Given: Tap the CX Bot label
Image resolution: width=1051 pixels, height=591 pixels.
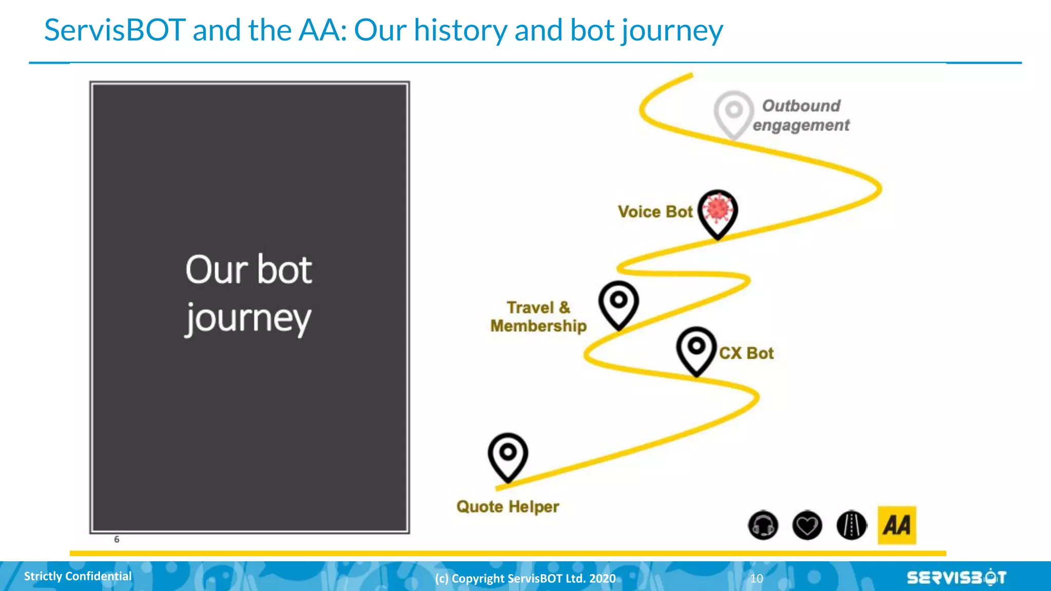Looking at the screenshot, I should coord(746,353).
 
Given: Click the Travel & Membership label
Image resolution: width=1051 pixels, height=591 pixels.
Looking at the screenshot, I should coord(538,317).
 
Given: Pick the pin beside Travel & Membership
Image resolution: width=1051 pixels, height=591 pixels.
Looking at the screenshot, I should coord(618,304).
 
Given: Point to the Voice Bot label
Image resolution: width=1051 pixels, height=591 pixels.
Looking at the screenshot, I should coord(655,211).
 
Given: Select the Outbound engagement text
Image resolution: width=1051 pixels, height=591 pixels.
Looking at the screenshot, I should coord(801,115).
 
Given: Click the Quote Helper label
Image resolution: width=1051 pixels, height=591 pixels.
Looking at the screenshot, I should coord(508,506).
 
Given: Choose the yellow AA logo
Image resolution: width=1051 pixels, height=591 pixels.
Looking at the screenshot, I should coord(897,525).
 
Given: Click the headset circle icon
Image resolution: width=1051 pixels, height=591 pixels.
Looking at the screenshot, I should coord(763,525).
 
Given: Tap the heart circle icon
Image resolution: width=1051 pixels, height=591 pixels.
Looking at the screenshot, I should coord(807,525).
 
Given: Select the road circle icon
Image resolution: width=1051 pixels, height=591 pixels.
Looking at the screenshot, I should coord(851,525).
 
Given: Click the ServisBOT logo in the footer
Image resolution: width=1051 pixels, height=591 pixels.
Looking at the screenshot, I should coord(956,578).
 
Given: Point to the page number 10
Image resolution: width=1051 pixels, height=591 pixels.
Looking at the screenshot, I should coord(756,579).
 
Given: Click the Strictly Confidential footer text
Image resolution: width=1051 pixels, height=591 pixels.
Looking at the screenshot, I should coord(78,576).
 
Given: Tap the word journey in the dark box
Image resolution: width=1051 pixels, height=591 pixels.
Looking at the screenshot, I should coord(248,318).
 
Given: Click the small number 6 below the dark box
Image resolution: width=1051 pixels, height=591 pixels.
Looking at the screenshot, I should coord(116,539).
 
